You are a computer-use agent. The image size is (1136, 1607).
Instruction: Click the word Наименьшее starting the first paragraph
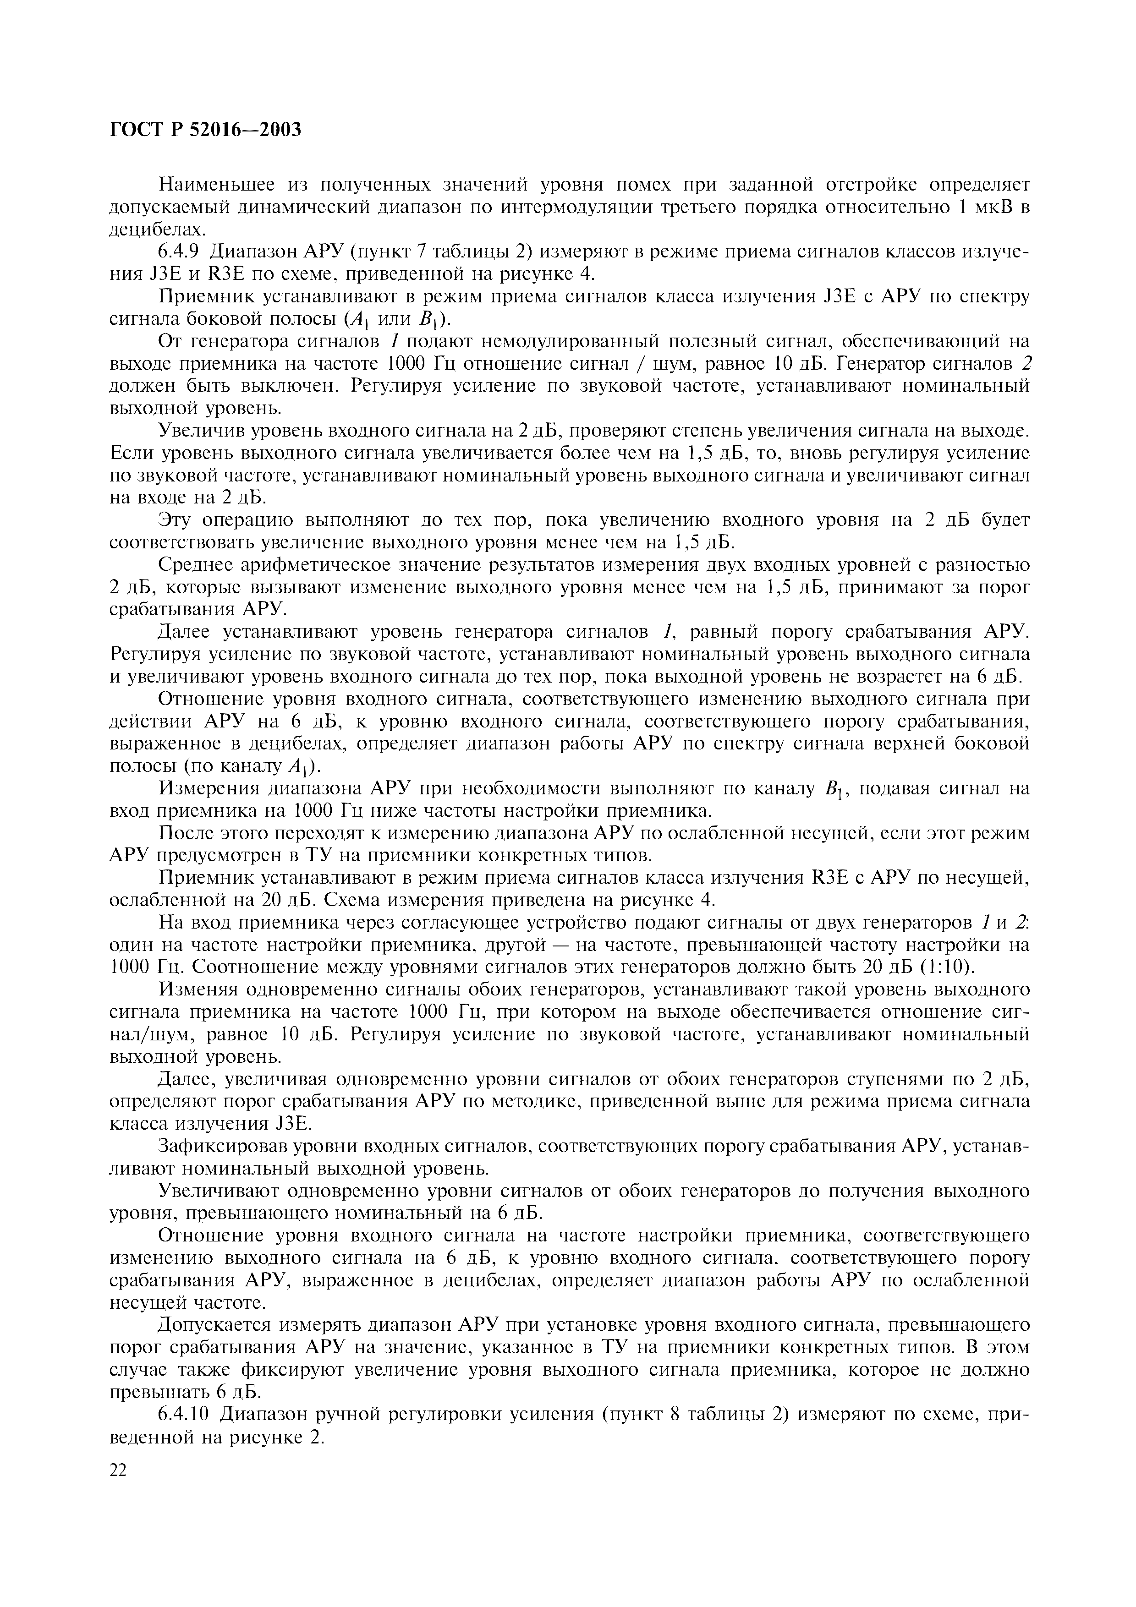(219, 185)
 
